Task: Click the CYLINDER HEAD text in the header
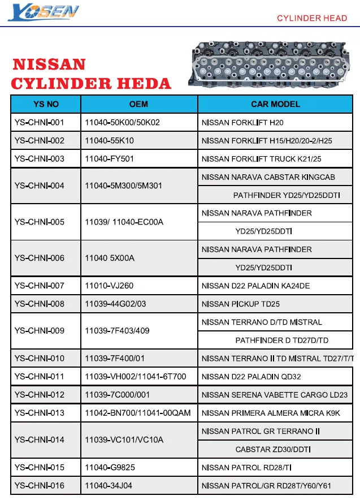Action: click(x=311, y=19)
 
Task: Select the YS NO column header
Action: click(x=46, y=104)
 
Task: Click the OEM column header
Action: click(x=138, y=104)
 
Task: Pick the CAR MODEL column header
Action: click(x=275, y=104)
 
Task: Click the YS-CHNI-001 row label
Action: click(x=40, y=123)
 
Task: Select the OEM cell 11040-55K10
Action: click(x=110, y=141)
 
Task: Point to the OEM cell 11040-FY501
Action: click(x=110, y=159)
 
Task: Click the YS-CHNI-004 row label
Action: click(x=40, y=186)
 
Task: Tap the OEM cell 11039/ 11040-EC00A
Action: click(x=124, y=222)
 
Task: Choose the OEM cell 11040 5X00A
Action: click(x=110, y=258)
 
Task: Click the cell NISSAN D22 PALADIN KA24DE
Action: click(x=255, y=286)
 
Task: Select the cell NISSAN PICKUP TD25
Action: click(x=241, y=304)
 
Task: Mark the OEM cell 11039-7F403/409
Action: click(x=117, y=331)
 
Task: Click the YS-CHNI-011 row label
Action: click(x=40, y=376)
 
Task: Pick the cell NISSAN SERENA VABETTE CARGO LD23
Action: click(x=275, y=395)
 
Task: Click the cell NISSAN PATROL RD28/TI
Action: click(x=246, y=467)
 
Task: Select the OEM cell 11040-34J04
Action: click(x=109, y=485)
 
